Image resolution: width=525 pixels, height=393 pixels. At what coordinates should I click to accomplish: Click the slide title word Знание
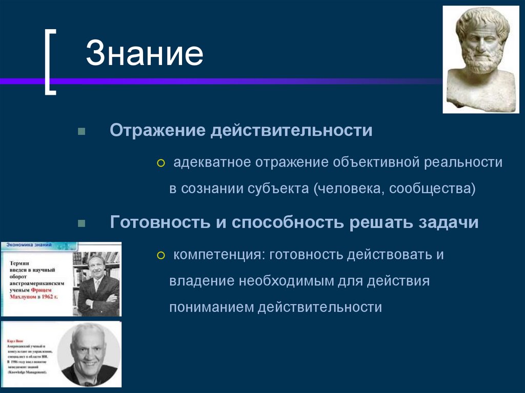144,55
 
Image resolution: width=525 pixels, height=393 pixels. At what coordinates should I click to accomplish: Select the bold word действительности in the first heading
290,130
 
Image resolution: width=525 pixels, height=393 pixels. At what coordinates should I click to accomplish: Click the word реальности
463,162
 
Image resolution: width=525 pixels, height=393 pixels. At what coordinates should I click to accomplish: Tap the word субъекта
280,189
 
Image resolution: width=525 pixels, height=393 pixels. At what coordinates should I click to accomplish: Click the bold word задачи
449,223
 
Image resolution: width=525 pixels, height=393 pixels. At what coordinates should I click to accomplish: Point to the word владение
201,281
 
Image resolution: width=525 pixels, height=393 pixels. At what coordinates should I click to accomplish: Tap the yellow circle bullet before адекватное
161,163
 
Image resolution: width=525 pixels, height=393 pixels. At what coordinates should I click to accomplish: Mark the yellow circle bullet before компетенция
161,256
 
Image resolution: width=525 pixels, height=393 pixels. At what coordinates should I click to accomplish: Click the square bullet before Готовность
81,224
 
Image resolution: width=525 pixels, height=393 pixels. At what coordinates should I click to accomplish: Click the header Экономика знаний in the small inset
29,245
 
